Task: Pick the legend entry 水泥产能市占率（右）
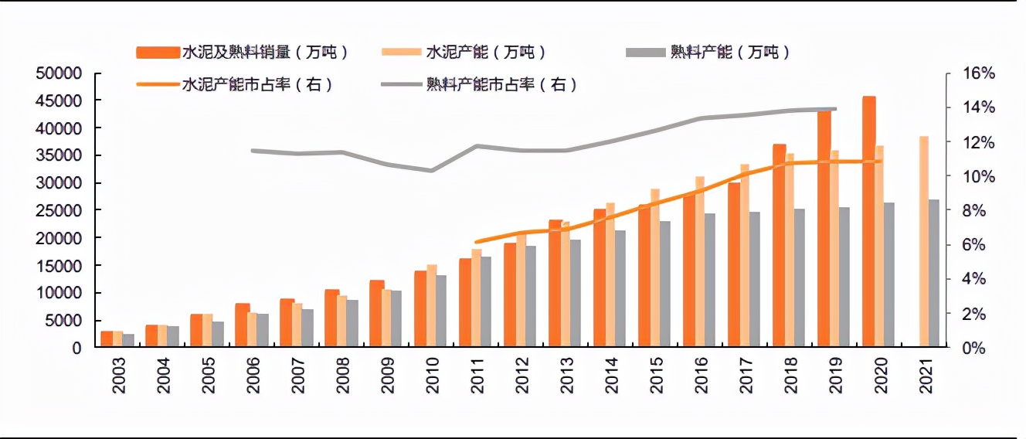tap(236, 85)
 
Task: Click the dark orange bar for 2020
tap(869, 222)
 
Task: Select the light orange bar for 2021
tap(923, 241)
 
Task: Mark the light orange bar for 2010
tap(431, 306)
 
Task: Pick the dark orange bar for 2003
tap(107, 339)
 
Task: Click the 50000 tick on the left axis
tap(60, 73)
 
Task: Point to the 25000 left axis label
tap(60, 210)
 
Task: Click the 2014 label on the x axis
tap(611, 376)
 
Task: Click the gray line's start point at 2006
tap(252, 151)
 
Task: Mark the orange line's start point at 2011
tap(476, 242)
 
